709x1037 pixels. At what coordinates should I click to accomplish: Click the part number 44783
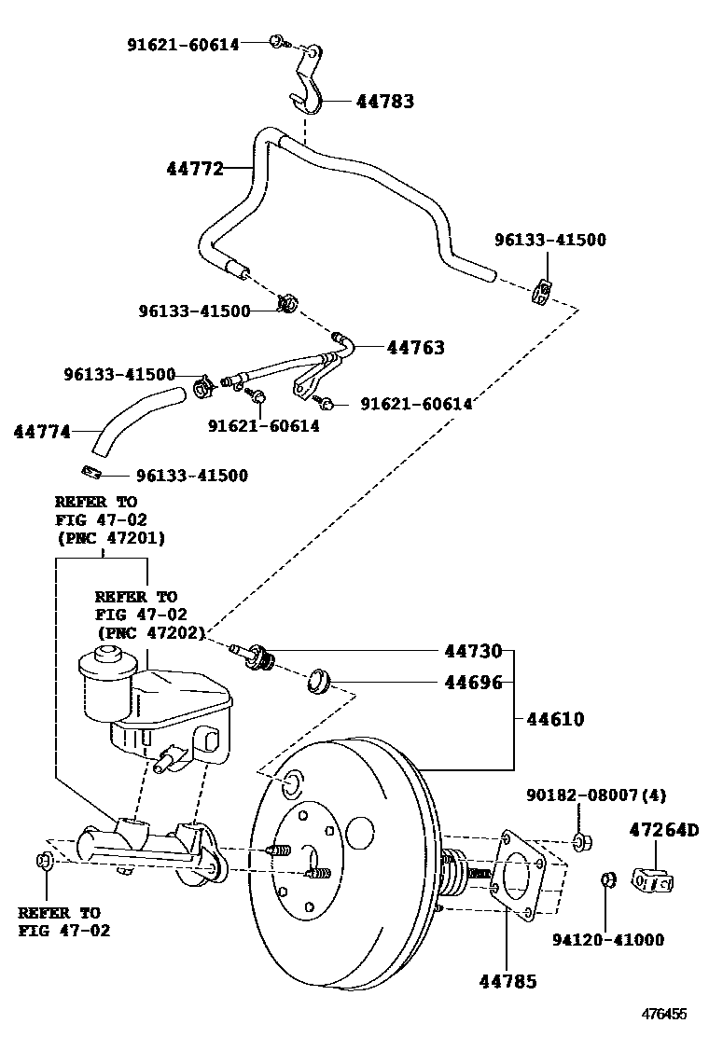[x=384, y=102]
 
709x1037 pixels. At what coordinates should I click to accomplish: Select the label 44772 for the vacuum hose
[x=195, y=169]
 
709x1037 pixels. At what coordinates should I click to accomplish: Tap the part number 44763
[x=415, y=348]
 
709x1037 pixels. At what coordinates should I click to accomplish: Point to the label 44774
[x=42, y=432]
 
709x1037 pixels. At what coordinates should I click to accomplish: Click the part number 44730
[x=473, y=651]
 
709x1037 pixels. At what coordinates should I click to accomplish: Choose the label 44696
[x=473, y=683]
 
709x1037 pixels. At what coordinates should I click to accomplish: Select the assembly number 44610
[x=555, y=719]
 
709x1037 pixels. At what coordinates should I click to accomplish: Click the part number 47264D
[x=663, y=828]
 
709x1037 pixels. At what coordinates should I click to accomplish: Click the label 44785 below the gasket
[x=508, y=980]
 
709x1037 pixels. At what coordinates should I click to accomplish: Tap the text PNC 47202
[x=151, y=632]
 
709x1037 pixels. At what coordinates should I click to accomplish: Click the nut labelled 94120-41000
[x=608, y=878]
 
